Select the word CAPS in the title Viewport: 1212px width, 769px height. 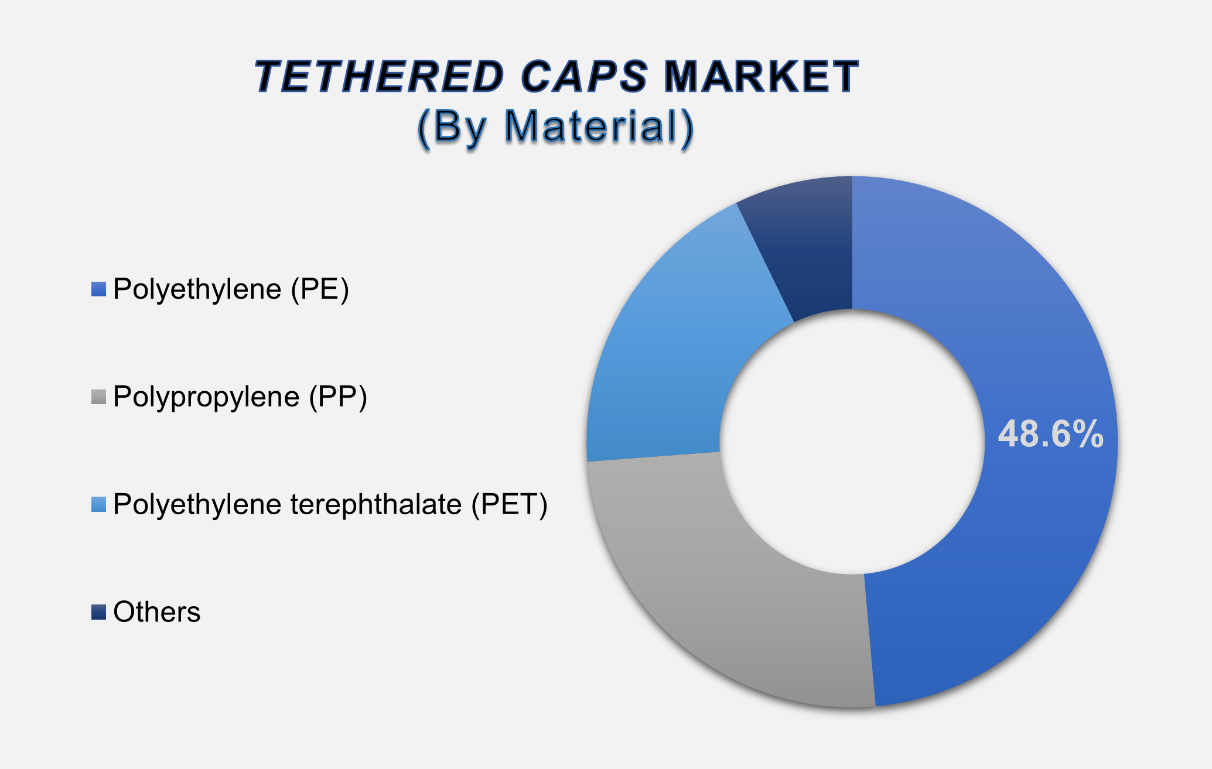coord(584,77)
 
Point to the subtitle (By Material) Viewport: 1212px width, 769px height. coord(556,127)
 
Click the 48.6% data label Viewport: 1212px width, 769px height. coord(1050,435)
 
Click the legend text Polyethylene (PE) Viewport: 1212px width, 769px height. coord(231,289)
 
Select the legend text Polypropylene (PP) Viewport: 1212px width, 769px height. coord(240,397)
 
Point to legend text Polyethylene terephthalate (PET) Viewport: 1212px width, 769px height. coord(330,504)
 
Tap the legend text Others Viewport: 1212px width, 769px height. coord(157,612)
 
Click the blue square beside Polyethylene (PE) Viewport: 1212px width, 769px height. coord(98,289)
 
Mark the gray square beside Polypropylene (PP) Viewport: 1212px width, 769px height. coord(98,397)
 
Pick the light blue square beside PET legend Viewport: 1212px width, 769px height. coord(98,504)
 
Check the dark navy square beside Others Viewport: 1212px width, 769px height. coord(98,612)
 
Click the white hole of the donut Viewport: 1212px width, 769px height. coord(852,442)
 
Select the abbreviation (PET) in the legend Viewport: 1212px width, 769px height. coord(510,504)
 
